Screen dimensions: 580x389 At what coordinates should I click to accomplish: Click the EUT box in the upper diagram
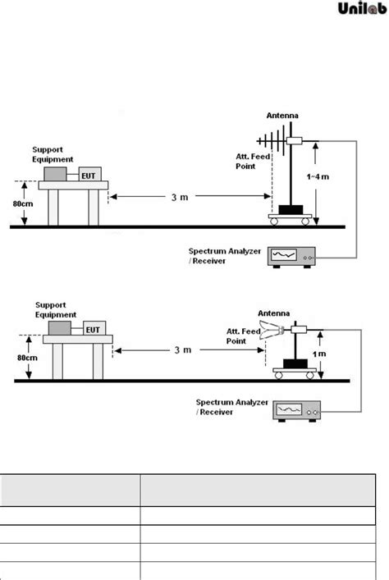[x=89, y=175]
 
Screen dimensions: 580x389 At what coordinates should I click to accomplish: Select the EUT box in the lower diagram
[x=91, y=330]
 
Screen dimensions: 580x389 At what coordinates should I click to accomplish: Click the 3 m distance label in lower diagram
[x=182, y=350]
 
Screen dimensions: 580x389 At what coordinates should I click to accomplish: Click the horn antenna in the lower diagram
[x=270, y=331]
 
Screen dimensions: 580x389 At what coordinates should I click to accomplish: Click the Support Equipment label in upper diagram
[x=53, y=155]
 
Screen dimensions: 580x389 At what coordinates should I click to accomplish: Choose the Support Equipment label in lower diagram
[x=55, y=310]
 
